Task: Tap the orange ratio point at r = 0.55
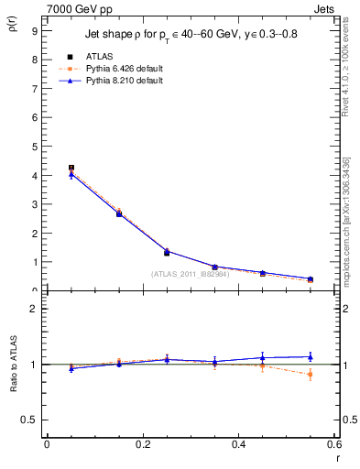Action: click(x=311, y=374)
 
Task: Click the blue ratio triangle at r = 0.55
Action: click(x=311, y=356)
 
